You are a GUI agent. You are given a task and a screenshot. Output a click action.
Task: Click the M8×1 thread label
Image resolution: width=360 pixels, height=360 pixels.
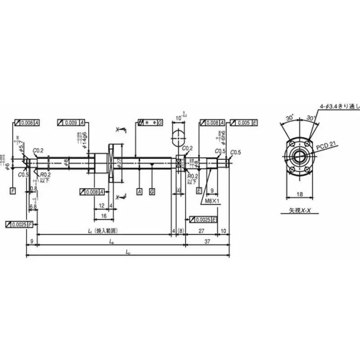[x=211, y=201]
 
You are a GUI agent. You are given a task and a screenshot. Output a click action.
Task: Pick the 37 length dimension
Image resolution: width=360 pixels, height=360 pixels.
[x=208, y=242]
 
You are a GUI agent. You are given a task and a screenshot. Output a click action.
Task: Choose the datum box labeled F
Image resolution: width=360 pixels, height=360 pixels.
[x=13, y=191]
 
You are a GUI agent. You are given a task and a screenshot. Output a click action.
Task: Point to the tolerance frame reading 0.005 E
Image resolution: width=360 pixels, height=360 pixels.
[x=243, y=122]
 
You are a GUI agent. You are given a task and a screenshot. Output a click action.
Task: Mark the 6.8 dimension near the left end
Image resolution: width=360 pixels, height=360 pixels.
[x=32, y=207]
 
